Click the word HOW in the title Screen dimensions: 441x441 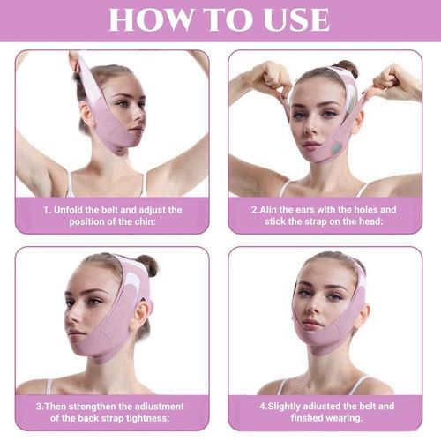(151, 20)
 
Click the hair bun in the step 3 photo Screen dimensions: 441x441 (148, 265)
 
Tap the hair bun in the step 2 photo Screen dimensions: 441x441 (347, 67)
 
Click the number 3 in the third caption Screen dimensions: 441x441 (40, 406)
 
